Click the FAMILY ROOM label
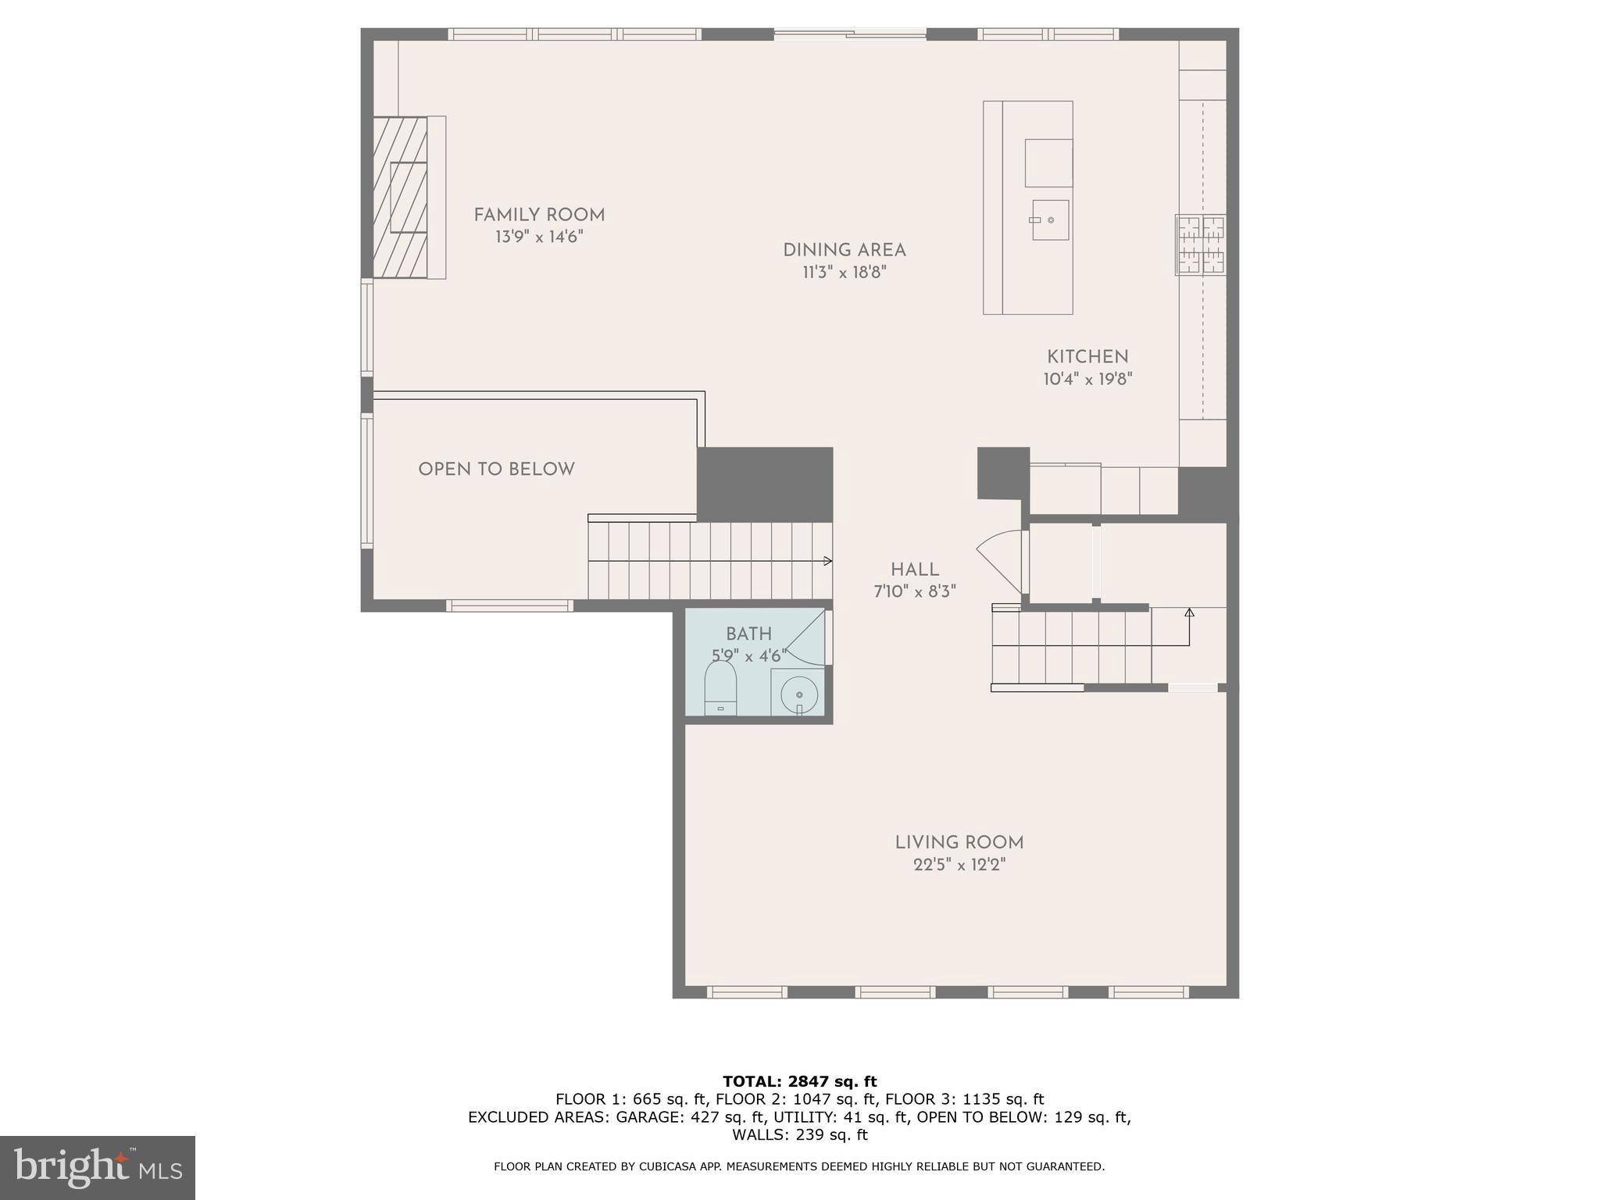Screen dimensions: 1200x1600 coord(539,215)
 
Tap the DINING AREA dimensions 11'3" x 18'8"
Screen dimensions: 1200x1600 coord(844,273)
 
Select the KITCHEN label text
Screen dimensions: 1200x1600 coord(1087,357)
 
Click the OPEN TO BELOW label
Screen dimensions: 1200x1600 coord(496,470)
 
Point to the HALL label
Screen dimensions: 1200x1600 coord(914,570)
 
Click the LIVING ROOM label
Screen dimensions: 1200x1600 coord(959,842)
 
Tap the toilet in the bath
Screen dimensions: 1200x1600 coord(720,687)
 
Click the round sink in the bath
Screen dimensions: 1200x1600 coord(798,694)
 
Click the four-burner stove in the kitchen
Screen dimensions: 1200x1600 coord(1201,245)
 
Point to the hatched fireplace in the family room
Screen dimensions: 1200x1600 coord(400,197)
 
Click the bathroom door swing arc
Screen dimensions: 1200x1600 coord(805,637)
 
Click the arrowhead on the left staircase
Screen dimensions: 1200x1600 coord(827,561)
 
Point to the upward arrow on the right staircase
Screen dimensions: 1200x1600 coord(1189,613)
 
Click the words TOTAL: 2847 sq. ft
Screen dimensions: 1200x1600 coord(799,1081)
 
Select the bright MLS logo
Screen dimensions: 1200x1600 coord(98,1167)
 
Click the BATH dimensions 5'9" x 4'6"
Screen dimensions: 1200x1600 coord(748,656)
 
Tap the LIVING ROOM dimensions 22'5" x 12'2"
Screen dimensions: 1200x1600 coord(959,865)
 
